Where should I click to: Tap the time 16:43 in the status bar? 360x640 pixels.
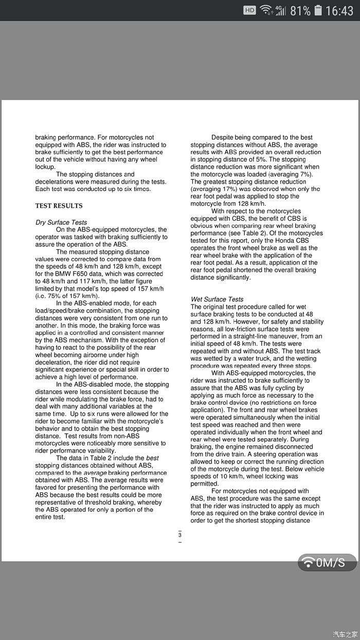click(340, 10)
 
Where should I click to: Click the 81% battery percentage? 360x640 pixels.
click(300, 10)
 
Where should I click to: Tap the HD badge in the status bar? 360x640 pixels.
click(249, 10)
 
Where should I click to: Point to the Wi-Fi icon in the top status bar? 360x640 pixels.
click(265, 10)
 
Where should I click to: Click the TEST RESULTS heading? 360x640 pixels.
click(59, 206)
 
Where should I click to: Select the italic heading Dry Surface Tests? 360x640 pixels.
click(61, 222)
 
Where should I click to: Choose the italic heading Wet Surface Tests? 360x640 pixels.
click(217, 299)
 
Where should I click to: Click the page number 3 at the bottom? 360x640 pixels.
click(180, 535)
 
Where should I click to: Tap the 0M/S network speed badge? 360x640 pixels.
click(327, 562)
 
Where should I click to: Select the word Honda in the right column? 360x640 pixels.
click(283, 240)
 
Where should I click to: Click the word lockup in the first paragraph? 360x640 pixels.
click(45, 167)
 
